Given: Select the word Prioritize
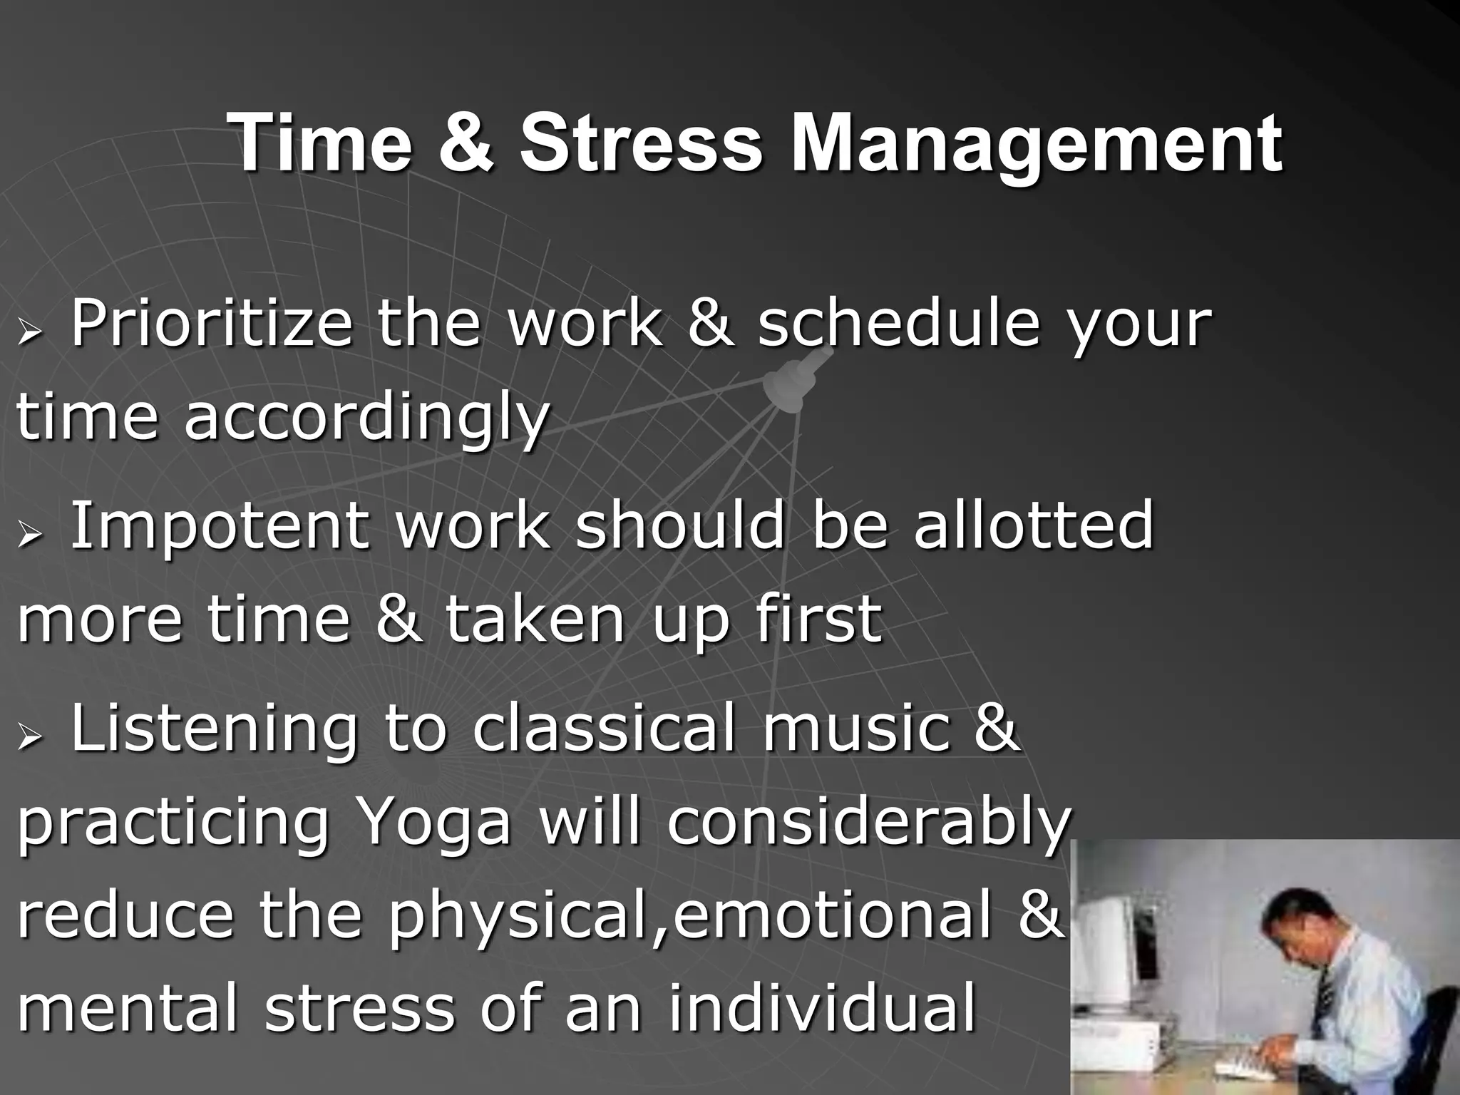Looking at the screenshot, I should [x=211, y=324].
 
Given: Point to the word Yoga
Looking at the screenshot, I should [x=434, y=823].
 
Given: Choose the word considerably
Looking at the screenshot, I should [x=868, y=823].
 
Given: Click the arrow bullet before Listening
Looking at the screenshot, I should [x=31, y=739].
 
